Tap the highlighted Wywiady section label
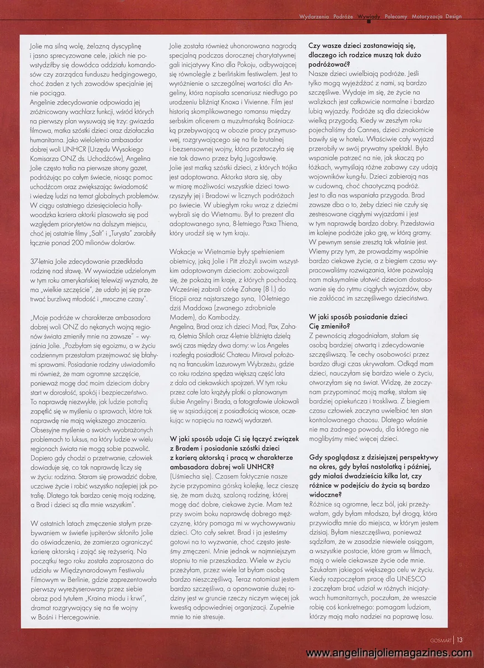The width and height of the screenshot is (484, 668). pyautogui.click(x=369, y=17)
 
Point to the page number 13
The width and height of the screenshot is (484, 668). pyautogui.click(x=460, y=640)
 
